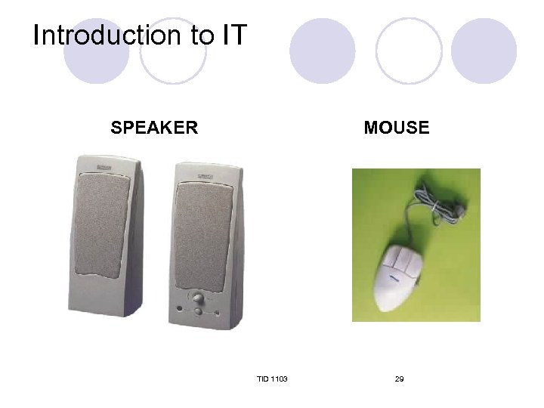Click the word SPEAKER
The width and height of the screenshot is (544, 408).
(x=154, y=127)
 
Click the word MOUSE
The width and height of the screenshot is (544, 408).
(x=396, y=128)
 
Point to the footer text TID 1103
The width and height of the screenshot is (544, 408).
(x=271, y=378)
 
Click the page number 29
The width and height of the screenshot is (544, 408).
(x=399, y=378)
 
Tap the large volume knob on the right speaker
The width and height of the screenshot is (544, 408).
(x=199, y=297)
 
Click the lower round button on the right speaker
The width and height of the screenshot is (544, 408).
(x=198, y=311)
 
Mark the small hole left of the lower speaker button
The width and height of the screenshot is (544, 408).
(x=180, y=309)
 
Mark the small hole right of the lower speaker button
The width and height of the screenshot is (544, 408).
(x=215, y=313)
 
